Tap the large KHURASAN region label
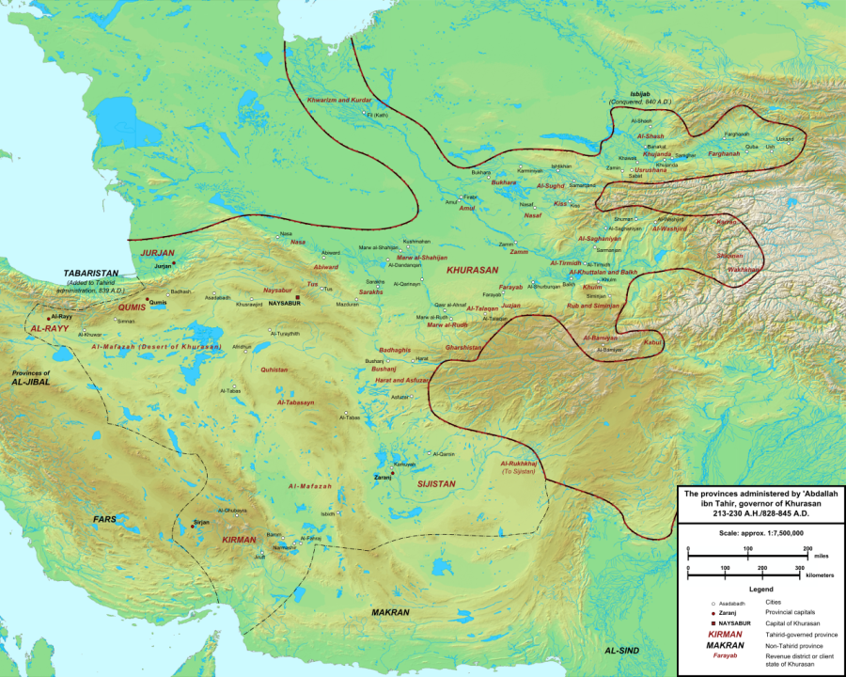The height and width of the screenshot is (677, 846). tap(473, 269)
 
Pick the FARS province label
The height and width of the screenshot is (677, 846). tap(104, 519)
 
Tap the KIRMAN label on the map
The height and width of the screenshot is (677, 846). tap(239, 541)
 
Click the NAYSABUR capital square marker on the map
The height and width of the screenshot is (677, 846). tap(297, 296)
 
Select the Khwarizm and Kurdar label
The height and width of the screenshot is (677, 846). tap(339, 100)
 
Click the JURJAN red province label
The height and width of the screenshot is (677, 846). tap(158, 253)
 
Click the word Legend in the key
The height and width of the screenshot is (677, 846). tap(760, 589)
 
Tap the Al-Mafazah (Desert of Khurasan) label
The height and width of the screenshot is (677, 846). tap(157, 347)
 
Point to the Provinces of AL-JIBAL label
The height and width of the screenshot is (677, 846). tap(31, 378)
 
